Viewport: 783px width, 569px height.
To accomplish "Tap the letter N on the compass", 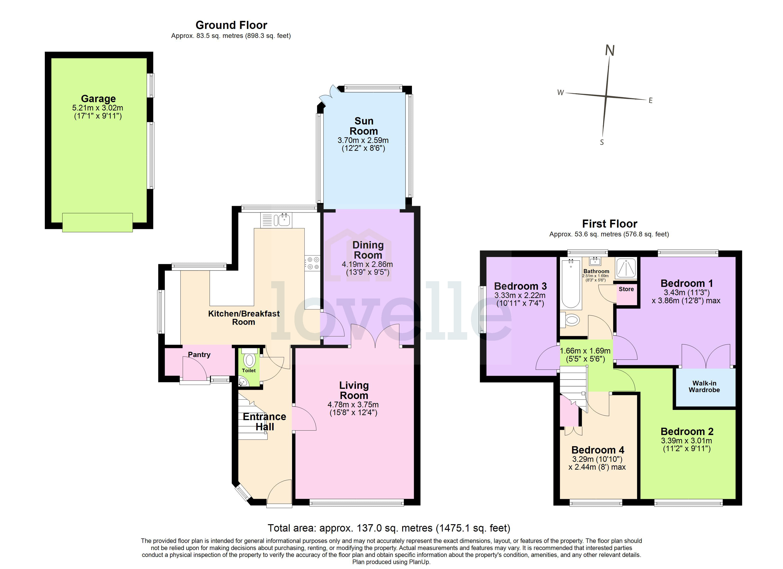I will tap(610, 51).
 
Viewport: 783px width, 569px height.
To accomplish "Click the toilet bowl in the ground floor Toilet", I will tap(249, 360).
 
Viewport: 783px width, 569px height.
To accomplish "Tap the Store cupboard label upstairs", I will tap(626, 289).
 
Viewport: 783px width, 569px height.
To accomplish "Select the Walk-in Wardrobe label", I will tap(704, 386).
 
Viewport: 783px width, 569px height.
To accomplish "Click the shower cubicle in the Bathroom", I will tap(626, 268).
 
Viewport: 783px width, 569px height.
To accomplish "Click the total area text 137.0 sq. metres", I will tap(389, 528).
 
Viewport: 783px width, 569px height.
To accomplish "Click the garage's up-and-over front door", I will tap(97, 223).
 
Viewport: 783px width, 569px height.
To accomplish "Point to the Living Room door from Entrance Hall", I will tap(303, 418).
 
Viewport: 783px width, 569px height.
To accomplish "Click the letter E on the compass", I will tap(650, 101).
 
